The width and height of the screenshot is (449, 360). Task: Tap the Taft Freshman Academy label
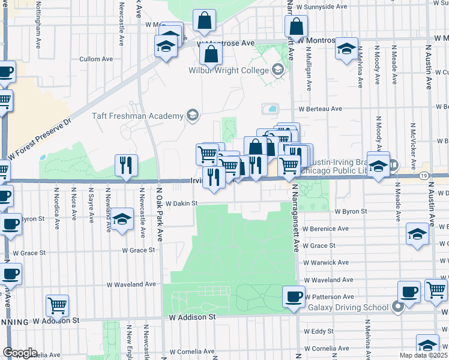(136, 116)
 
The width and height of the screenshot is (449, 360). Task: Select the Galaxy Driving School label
(348, 308)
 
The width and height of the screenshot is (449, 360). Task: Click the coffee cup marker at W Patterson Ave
(294, 296)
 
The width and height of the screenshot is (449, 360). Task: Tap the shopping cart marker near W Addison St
(57, 305)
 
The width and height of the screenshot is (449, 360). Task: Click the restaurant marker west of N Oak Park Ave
(126, 165)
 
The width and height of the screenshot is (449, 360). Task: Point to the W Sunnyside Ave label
(322, 7)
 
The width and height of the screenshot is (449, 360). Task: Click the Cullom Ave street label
(96, 59)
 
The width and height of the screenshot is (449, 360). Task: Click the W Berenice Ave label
(325, 229)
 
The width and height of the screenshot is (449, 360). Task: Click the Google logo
(20, 353)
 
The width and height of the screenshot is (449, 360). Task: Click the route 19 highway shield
(424, 175)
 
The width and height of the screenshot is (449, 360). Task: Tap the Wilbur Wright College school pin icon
(277, 70)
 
